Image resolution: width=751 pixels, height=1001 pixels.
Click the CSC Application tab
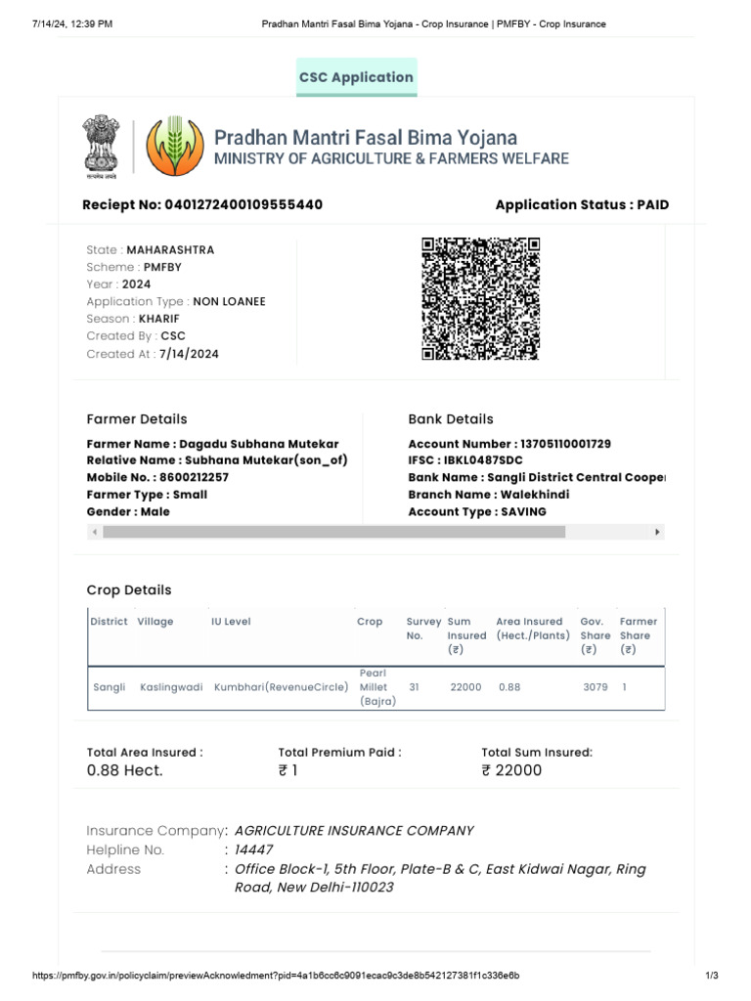pos(357,77)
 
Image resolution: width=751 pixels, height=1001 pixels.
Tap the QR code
pos(481,298)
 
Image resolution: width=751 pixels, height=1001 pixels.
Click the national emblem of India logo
pos(102,147)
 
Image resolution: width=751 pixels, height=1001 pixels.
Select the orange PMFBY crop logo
pos(176,147)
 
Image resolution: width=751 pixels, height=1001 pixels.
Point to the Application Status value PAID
pos(652,205)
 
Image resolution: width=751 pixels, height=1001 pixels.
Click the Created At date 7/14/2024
pos(189,354)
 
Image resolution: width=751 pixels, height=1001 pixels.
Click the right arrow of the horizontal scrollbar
pos(657,533)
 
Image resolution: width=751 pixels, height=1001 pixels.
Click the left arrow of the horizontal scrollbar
pos(95,533)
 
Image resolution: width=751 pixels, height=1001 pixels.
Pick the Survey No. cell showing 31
pos(414,688)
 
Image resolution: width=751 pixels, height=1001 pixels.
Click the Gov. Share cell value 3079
pos(595,688)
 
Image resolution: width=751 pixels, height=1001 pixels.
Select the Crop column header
pos(370,622)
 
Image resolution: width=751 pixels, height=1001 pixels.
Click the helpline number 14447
pos(254,850)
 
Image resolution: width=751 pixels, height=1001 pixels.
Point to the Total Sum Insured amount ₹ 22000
pos(511,770)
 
